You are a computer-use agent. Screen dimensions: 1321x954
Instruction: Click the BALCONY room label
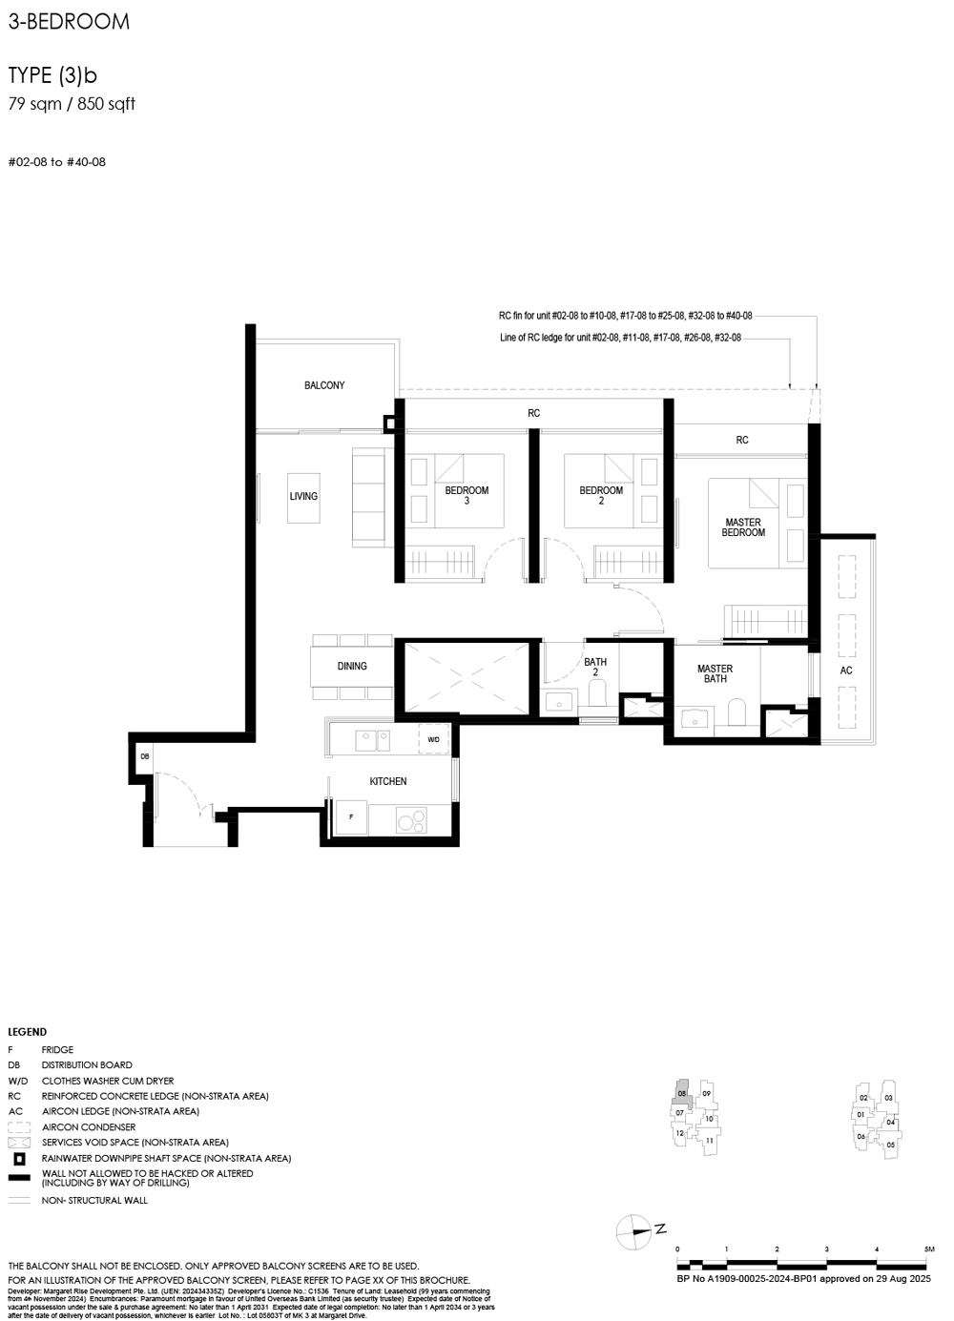point(324,385)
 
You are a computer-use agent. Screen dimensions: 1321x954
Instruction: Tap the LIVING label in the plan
point(303,496)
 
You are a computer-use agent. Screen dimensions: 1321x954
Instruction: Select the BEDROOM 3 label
point(467,495)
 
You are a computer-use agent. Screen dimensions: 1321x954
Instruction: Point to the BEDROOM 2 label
point(601,495)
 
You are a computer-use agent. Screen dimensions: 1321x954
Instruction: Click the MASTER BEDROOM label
point(743,527)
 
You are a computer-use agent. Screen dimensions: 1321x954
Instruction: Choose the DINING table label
point(352,666)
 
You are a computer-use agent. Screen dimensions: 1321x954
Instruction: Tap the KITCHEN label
point(388,781)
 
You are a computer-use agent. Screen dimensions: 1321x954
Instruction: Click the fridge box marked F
point(351,817)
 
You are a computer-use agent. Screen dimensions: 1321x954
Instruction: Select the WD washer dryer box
point(434,739)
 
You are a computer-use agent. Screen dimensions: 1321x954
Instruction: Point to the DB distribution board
point(145,756)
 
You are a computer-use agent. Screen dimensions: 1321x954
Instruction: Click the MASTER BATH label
point(715,674)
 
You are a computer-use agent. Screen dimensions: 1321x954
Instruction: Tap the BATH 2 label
point(595,667)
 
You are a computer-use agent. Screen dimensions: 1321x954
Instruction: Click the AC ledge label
point(846,671)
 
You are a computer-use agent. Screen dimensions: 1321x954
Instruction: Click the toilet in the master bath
point(736,712)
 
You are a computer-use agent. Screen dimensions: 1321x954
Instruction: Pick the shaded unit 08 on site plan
point(682,1094)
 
